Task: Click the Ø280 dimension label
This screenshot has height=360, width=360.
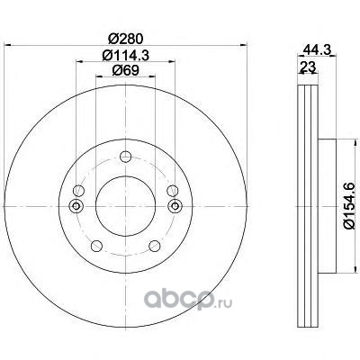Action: point(125,39)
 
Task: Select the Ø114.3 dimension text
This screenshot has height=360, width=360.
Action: point(125,56)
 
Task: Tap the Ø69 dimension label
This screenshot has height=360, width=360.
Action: point(125,71)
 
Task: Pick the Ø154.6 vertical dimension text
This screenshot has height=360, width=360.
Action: point(349,206)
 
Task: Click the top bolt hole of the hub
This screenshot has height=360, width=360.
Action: point(125,157)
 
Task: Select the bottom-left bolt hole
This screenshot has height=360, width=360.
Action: point(96,246)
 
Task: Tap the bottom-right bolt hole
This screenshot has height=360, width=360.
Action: point(155,246)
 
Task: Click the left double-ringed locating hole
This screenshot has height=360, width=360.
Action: point(76,206)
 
